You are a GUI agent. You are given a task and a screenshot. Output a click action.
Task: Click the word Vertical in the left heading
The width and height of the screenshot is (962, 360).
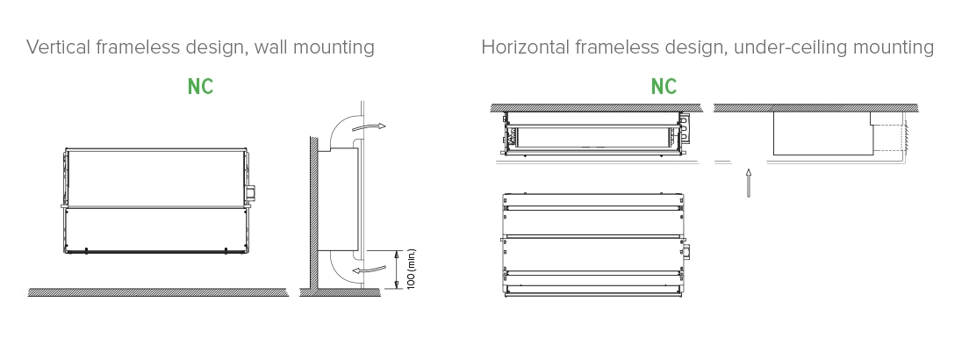55,47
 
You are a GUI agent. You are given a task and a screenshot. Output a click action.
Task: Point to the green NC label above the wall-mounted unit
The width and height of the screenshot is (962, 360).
200,87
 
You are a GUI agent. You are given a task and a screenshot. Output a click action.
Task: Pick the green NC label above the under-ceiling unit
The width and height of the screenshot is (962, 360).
664,87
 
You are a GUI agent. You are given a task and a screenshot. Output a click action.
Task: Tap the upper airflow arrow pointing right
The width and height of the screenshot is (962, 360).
375,127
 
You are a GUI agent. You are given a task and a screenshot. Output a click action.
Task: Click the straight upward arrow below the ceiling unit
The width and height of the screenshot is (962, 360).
748,183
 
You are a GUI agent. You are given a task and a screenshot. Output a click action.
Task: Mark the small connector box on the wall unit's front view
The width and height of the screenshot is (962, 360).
252,191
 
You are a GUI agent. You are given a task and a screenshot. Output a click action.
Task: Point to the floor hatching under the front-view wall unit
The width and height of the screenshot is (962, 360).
158,292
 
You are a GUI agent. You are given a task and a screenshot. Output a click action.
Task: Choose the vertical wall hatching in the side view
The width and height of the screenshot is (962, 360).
310,211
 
